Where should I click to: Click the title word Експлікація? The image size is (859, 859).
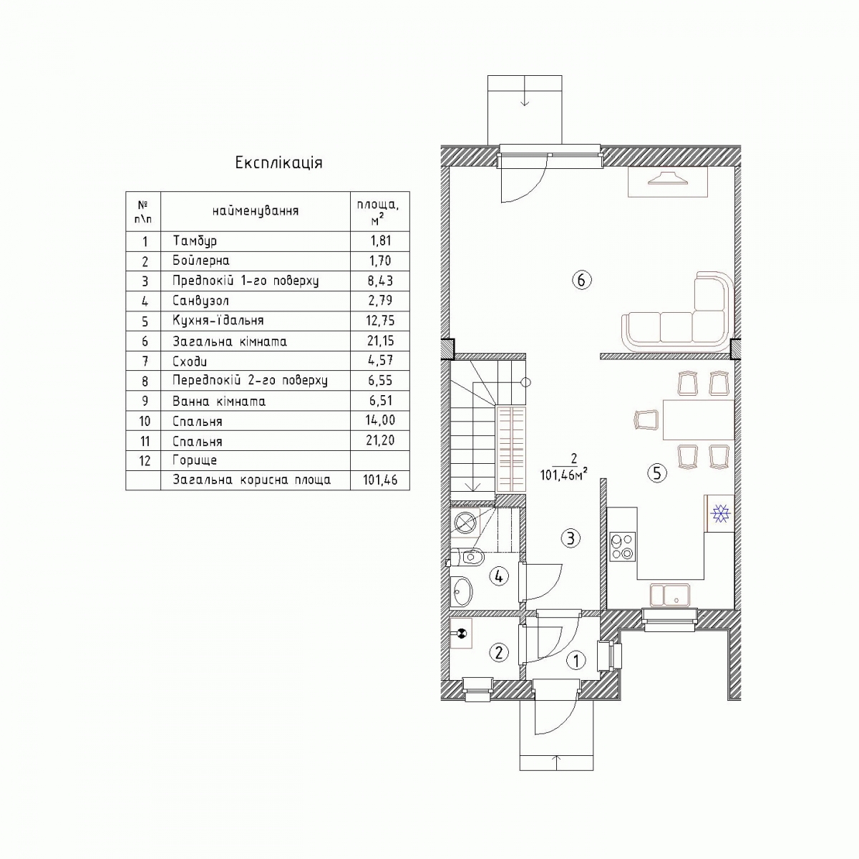pyautogui.click(x=278, y=162)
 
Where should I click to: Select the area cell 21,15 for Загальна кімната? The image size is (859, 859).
pyautogui.click(x=380, y=341)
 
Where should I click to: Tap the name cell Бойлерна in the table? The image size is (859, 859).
pyautogui.click(x=201, y=261)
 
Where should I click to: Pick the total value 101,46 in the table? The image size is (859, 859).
pyautogui.click(x=380, y=480)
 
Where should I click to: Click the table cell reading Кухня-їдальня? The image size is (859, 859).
pyautogui.click(x=218, y=320)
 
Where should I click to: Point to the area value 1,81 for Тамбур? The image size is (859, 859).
pyautogui.click(x=381, y=241)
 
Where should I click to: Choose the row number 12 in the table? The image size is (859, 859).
pyautogui.click(x=145, y=460)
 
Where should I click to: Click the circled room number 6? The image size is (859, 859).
pyautogui.click(x=582, y=281)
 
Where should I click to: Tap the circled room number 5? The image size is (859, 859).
pyautogui.click(x=657, y=473)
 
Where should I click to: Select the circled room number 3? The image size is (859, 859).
pyautogui.click(x=571, y=538)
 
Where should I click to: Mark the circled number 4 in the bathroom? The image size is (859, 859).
pyautogui.click(x=499, y=577)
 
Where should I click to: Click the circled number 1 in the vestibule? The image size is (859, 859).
pyautogui.click(x=576, y=660)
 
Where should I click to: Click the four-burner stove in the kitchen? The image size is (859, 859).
pyautogui.click(x=622, y=546)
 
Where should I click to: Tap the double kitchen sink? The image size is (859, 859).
pyautogui.click(x=669, y=596)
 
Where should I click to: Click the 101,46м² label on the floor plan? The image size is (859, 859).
pyautogui.click(x=563, y=475)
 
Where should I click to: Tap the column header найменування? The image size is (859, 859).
pyautogui.click(x=256, y=211)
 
